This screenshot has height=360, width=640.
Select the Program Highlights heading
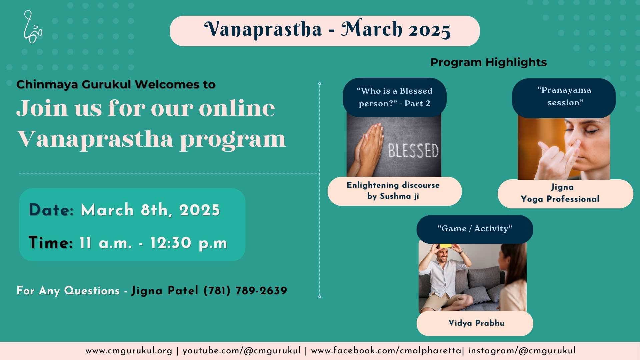[488, 62]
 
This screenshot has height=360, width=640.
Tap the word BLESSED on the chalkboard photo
[413, 151]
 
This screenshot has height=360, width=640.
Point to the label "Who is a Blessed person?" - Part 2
[395, 97]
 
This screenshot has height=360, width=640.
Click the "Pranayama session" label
[564, 96]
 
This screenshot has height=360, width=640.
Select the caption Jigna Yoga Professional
[560, 193]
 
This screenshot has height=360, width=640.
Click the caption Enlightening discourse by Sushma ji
[393, 191]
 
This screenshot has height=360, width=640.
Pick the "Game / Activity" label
[475, 229]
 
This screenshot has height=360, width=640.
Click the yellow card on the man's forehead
[446, 246]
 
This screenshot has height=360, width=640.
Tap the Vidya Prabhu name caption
[476, 323]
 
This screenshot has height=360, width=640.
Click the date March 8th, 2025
[150, 210]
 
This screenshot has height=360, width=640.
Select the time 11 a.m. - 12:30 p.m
[153, 243]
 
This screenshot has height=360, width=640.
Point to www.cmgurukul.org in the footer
[129, 351]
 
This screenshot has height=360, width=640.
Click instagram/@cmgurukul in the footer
[522, 351]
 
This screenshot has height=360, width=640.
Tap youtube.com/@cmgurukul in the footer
[241, 351]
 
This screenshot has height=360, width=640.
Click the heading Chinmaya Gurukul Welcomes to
[116, 84]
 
